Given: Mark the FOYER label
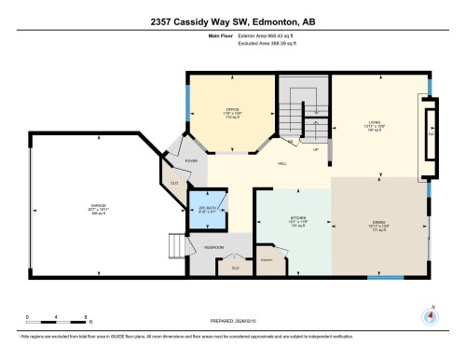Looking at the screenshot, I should click(x=192, y=160).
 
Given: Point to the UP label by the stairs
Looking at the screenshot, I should click(x=315, y=148).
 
